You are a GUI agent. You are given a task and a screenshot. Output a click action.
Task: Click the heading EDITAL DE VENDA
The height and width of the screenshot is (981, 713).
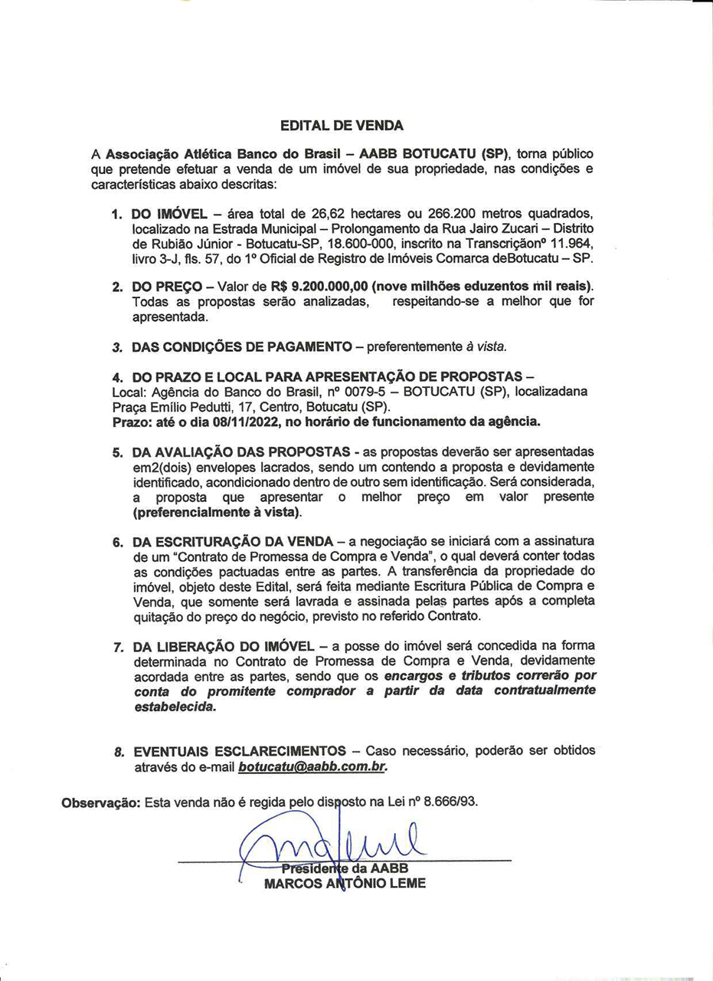(342, 125)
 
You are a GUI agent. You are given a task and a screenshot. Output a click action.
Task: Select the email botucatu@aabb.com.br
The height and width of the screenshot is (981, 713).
(312, 766)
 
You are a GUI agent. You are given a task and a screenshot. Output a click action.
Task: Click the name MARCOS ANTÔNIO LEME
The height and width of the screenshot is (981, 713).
(345, 883)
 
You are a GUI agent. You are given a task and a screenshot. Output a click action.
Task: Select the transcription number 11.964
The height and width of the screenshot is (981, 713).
(566, 242)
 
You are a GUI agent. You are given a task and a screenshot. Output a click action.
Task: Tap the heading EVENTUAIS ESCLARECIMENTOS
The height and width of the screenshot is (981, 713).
(240, 750)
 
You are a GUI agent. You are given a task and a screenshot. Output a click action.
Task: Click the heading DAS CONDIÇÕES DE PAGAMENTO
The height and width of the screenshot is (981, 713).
(242, 346)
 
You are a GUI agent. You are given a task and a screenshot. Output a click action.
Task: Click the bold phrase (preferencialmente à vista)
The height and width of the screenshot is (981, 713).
(217, 511)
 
